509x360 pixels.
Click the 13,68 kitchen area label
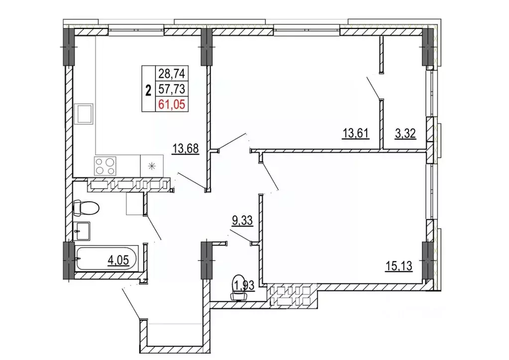[x=186, y=149]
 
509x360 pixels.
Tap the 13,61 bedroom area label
[x=356, y=133]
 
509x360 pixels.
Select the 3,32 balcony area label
[x=405, y=133]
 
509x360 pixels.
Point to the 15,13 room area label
[x=399, y=266]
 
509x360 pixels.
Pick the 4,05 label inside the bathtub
[x=118, y=260]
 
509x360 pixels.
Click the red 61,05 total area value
[x=171, y=104]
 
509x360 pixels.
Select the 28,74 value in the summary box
[x=171, y=74]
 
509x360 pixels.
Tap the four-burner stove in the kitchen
[x=105, y=166]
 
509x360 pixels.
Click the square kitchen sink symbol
[x=84, y=114]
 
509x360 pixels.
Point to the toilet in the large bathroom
[x=86, y=208]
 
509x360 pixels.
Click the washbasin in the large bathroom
[x=82, y=231]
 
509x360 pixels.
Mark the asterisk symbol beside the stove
[x=152, y=167]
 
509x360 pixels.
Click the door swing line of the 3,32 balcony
[x=374, y=88]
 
